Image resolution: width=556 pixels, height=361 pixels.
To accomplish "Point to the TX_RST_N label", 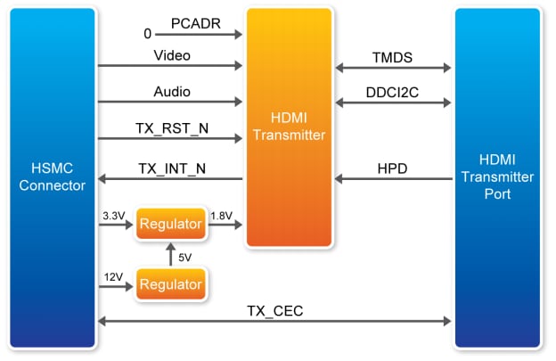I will [x=172, y=127].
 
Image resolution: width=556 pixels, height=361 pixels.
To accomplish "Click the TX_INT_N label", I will [x=172, y=168].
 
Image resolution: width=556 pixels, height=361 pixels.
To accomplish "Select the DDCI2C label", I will [x=393, y=92].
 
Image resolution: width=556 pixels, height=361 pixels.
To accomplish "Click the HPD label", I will [x=393, y=168].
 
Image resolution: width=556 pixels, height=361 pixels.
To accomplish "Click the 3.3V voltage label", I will [x=114, y=214].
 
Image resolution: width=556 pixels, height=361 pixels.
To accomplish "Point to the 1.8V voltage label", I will [x=222, y=214].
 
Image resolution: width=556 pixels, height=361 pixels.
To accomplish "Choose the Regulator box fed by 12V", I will [x=170, y=286].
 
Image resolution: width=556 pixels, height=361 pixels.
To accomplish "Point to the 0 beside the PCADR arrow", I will [x=148, y=34].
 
